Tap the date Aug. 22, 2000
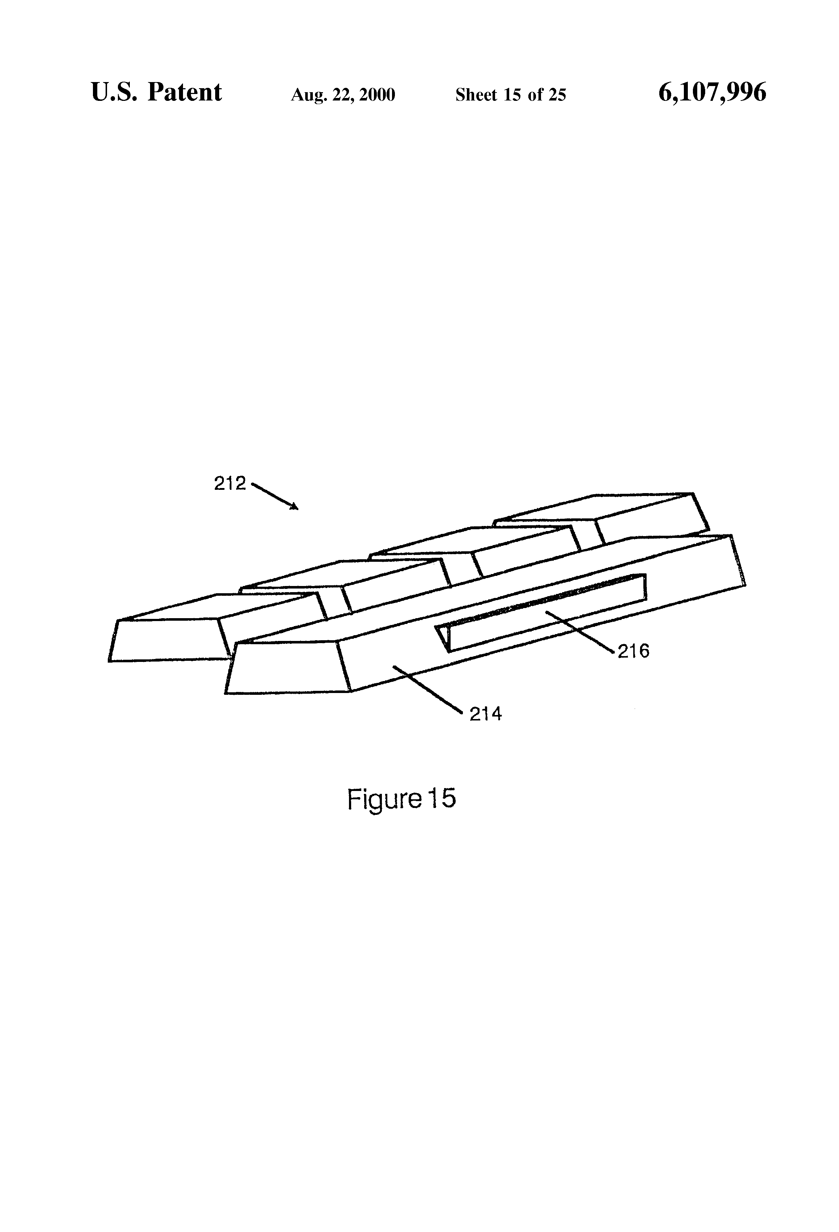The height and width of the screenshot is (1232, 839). point(342,95)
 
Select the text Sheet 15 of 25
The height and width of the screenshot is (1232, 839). point(510,95)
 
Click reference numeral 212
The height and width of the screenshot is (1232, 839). point(230,483)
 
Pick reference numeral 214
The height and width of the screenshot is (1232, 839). point(485,714)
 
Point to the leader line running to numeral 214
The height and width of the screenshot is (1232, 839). point(427,688)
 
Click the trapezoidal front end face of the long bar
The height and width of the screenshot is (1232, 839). point(286,668)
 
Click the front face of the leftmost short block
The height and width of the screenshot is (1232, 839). point(167,640)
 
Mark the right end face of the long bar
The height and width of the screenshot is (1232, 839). point(737,562)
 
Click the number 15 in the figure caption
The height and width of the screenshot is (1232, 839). point(442,798)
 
